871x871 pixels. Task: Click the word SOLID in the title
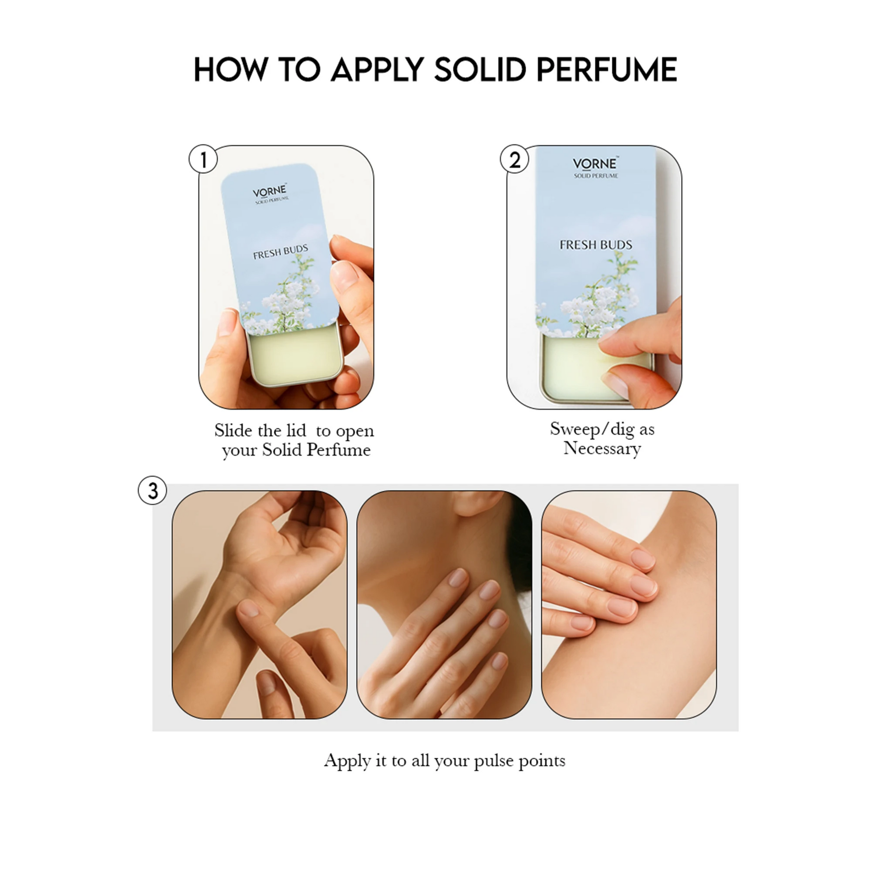click(480, 69)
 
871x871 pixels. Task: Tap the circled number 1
click(203, 159)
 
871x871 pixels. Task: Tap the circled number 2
click(514, 159)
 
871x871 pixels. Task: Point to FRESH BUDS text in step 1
click(281, 252)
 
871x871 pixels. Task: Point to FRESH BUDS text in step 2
click(596, 245)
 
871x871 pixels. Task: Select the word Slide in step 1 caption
click(233, 430)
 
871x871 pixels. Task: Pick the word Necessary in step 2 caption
click(602, 449)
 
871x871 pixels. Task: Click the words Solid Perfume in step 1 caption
click(316, 450)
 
